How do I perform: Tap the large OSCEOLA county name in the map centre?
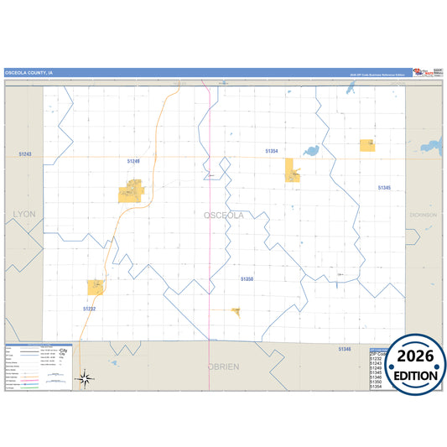coord(224,216)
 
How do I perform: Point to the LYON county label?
coord(24,215)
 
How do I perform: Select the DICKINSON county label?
coord(423,215)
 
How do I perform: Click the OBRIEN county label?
coord(223,366)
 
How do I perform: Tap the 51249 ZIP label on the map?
coord(133,160)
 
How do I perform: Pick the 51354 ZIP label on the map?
coord(271,151)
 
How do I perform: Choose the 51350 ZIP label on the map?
coord(247,278)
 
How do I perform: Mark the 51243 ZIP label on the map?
coord(23,154)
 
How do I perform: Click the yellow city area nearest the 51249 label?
coord(132,192)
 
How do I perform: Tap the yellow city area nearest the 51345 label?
coord(366,145)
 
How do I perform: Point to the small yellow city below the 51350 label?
coord(236,312)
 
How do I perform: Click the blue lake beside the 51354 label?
coord(311,152)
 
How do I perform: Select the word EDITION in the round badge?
coord(416,375)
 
